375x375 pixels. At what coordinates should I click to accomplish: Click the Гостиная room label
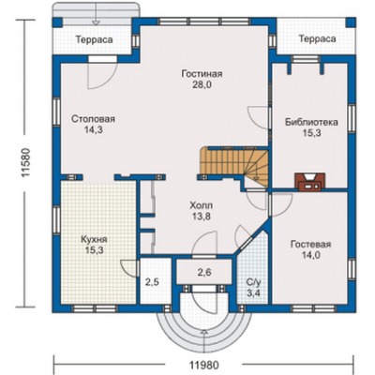202,74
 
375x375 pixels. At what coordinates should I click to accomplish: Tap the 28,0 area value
202,84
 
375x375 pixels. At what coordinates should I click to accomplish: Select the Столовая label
93,119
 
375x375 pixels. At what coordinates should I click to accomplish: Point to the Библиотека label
311,122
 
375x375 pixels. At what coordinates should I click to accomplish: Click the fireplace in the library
310,182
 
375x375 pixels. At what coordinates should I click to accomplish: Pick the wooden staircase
234,166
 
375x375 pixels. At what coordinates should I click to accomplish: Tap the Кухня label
94,240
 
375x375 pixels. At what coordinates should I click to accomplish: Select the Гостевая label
311,244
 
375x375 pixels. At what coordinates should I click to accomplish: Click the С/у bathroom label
253,283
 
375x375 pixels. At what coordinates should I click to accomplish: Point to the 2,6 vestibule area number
204,272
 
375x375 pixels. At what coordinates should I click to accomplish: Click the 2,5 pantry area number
152,282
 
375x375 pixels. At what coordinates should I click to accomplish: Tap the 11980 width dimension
204,365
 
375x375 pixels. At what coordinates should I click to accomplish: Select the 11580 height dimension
25,162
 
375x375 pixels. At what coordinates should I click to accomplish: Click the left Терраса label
94,40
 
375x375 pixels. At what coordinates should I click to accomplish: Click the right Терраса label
318,38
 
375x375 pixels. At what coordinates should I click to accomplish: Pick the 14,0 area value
311,255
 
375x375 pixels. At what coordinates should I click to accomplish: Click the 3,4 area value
253,293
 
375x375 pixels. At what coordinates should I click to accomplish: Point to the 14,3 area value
93,129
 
